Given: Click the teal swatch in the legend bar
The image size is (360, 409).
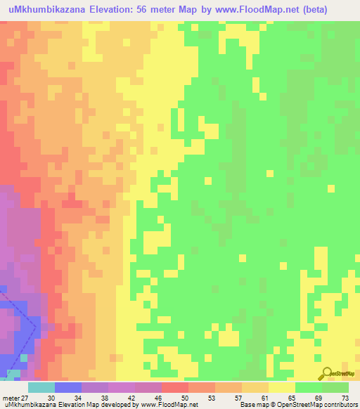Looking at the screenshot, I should coord(41,387).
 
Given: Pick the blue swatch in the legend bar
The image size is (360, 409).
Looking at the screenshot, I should coord(68,387).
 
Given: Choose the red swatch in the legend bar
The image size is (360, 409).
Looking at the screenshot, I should coord(175,387).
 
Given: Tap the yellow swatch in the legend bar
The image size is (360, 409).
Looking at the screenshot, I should coord(282,387).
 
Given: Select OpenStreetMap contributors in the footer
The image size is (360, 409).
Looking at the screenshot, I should coord(320,405).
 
